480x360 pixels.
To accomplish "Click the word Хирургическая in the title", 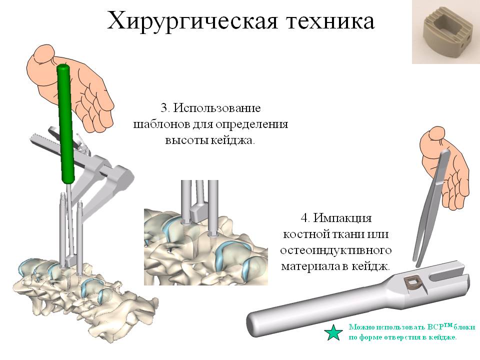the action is click(x=192, y=21).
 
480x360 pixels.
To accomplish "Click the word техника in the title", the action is click(x=330, y=21).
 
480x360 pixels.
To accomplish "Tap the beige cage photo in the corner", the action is click(x=445, y=32).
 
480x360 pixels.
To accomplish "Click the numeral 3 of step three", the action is click(x=164, y=108).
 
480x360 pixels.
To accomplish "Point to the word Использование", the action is click(x=217, y=108).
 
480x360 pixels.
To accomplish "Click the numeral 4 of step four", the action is click(x=304, y=218).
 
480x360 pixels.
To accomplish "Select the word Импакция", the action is click(x=342, y=218).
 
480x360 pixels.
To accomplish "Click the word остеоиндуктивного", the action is click(x=336, y=250).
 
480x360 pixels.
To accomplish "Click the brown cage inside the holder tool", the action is click(x=415, y=284).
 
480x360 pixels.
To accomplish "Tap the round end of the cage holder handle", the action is click(x=253, y=325).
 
